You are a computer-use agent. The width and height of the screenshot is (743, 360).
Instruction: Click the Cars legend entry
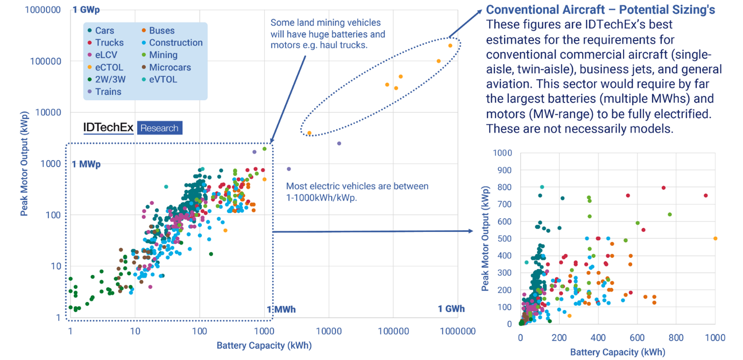click(104, 31)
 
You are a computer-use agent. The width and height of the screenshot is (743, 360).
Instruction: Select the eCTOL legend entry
click(109, 67)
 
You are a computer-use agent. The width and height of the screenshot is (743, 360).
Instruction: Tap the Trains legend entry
click(108, 91)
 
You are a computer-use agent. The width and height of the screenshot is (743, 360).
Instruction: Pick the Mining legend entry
click(163, 55)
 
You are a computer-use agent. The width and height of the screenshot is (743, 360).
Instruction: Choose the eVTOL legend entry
click(162, 79)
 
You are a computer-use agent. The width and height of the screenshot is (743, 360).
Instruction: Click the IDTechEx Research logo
click(132, 128)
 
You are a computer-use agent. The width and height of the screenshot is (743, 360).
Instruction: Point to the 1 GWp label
click(86, 10)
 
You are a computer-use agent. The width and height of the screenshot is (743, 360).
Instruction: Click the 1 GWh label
click(451, 309)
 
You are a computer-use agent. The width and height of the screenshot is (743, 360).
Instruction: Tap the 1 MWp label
click(86, 164)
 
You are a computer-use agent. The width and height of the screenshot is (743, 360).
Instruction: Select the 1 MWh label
click(281, 309)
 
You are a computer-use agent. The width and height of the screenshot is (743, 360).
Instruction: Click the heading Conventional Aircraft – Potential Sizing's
click(600, 10)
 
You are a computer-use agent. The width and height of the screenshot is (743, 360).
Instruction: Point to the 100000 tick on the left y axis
click(45, 61)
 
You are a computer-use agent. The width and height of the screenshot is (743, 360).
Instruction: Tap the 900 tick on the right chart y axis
click(505, 170)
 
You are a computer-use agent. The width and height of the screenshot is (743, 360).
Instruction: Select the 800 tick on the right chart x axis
click(676, 337)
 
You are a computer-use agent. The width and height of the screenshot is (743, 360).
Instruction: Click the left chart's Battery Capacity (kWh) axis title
click(264, 345)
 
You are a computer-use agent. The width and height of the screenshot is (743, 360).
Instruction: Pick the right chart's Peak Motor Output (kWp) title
click(486, 238)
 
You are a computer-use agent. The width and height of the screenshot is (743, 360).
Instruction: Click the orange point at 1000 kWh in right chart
click(715, 238)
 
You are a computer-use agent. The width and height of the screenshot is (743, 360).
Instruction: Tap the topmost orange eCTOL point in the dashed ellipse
click(450, 46)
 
